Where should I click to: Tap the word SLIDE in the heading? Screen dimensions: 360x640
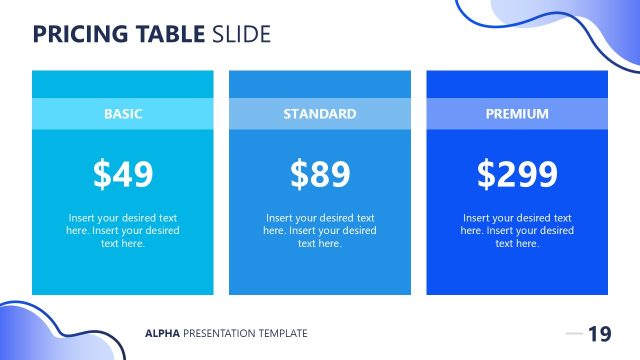pos(241,34)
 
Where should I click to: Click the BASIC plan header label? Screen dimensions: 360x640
pos(123,114)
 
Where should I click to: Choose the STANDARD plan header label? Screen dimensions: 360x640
pos(320,114)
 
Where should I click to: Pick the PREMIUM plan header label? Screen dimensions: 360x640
pos(517,114)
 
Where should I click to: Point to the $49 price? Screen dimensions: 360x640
pos(123,174)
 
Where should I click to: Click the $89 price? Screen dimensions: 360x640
pos(320,174)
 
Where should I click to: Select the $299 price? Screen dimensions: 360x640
pos(517,174)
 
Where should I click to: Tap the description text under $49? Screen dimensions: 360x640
pos(123,230)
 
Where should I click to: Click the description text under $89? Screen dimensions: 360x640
pos(320,230)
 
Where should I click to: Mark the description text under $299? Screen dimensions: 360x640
pos(517,230)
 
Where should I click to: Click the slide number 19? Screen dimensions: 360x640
pos(599,334)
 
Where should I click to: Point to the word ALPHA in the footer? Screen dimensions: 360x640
pos(162,334)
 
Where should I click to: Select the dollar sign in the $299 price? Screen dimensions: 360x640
pos(487,174)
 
